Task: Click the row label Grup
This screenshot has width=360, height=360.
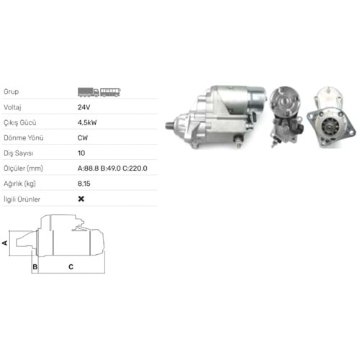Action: pos(12,91)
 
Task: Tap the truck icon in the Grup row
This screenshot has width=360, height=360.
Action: pos(89,92)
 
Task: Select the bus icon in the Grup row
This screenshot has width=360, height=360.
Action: pos(110,92)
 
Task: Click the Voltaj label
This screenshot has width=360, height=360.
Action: pos(12,107)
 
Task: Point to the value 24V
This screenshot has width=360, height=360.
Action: pos(84,107)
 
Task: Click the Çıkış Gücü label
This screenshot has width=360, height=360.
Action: pos(20,122)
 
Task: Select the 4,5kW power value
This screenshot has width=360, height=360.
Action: pos(87,122)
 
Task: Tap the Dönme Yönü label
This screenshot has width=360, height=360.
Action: pos(24,138)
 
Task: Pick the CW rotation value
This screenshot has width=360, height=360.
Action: pos(83,138)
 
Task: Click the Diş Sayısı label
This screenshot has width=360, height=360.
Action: pos(19,153)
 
